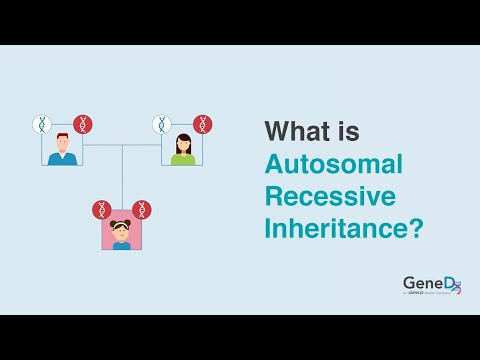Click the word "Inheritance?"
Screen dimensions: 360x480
tap(343, 228)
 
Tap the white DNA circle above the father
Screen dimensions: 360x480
tap(41, 125)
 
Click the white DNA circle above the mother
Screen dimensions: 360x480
tap(162, 125)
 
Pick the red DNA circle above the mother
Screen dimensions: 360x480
tap(203, 125)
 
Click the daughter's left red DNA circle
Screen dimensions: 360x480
tap(101, 210)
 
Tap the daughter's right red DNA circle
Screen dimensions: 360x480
tap(143, 210)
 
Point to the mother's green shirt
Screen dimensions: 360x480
tap(183, 158)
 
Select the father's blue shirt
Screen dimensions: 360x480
tap(62, 158)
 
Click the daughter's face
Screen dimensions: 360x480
tap(122, 230)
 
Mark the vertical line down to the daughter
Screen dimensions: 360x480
tap(122, 175)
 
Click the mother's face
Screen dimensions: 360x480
tap(183, 144)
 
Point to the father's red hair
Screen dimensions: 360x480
tap(62, 135)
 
